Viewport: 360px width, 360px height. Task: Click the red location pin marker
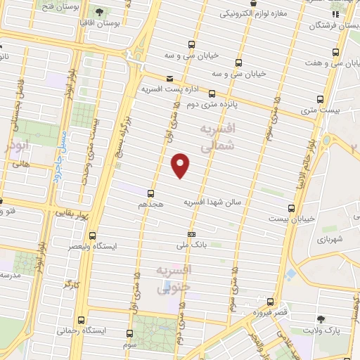click(181, 165)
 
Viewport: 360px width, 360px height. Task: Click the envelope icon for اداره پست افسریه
click(169, 79)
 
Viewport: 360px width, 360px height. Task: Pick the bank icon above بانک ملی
click(191, 234)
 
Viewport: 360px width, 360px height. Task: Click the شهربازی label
click(329, 239)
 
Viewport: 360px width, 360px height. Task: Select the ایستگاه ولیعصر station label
click(117, 247)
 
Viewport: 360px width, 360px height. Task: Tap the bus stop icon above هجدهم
click(150, 193)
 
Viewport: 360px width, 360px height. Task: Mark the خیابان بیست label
click(286, 219)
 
